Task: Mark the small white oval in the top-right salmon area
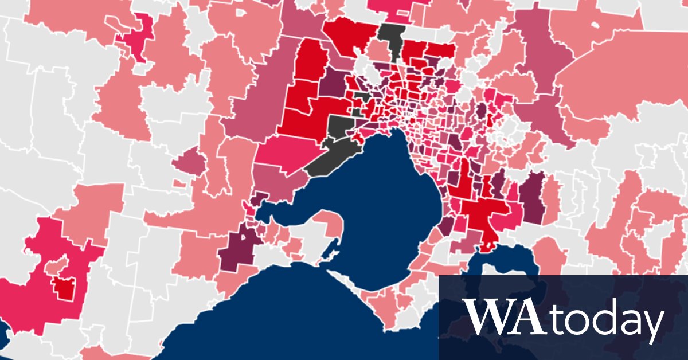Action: pyautogui.click(x=593, y=26)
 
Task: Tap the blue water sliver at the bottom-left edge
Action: pyautogui.click(x=3, y=332)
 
